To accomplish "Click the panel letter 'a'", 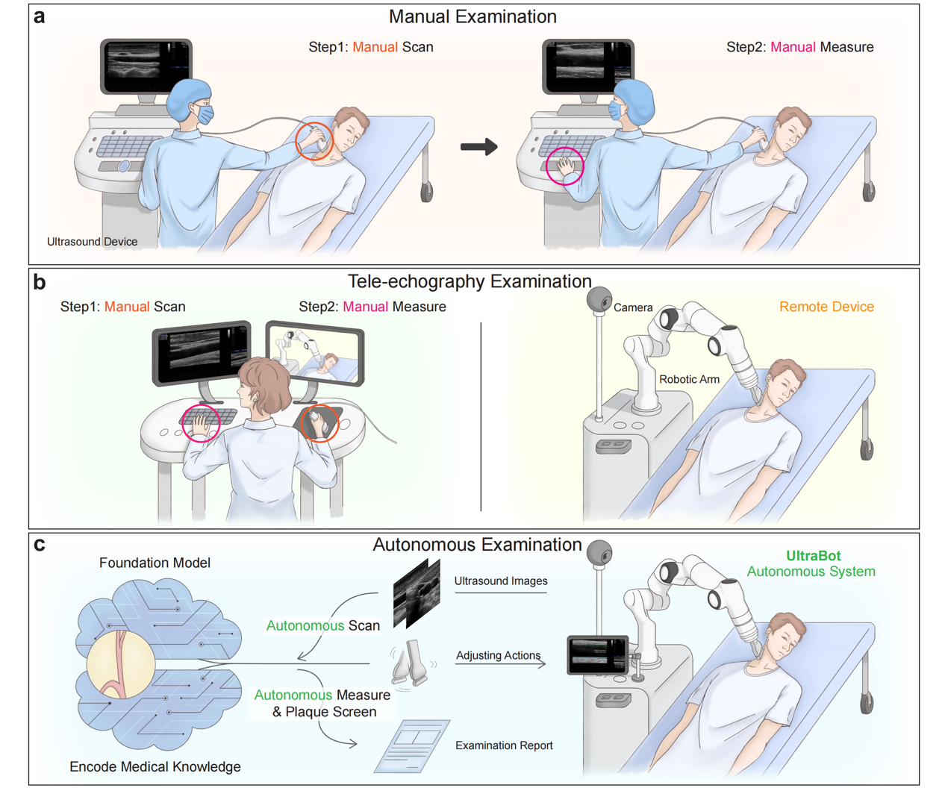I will (x=39, y=16).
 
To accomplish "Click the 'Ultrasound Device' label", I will (x=92, y=242).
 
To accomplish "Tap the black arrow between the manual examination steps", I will (x=479, y=147).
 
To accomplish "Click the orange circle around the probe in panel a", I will (x=314, y=141).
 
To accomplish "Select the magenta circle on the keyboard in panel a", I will (x=565, y=166).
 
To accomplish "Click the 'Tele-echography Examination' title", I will (x=470, y=281).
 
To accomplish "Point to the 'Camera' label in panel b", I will (x=633, y=307).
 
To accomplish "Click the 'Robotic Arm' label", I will (x=689, y=379).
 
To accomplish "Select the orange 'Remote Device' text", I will (x=826, y=307).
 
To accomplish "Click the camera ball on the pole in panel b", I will (x=599, y=300).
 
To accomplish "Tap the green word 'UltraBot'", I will (x=813, y=556).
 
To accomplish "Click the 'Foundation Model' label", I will (x=155, y=563).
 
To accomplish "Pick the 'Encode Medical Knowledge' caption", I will (x=155, y=766).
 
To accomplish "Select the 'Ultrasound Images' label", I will (x=501, y=581).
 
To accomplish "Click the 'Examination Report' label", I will (x=504, y=745).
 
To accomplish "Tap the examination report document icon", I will (x=413, y=745).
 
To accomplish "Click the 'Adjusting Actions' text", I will (x=498, y=655).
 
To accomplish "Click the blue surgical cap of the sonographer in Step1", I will (x=190, y=94).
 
